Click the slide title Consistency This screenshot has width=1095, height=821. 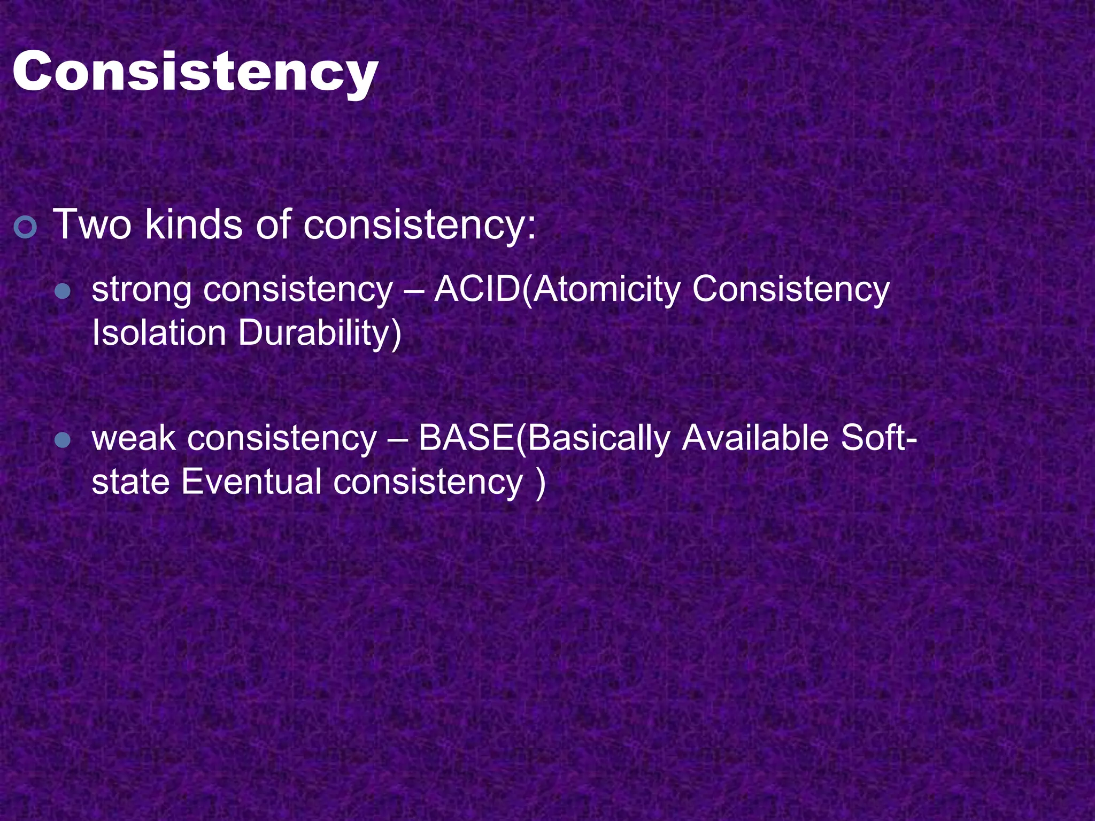(195, 72)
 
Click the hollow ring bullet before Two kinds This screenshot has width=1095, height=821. (25, 227)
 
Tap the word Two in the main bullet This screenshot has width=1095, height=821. (91, 224)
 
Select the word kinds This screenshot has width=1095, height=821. (194, 224)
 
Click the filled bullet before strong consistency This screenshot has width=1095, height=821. (63, 291)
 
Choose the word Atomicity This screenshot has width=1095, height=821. (606, 290)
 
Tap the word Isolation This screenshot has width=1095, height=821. (159, 333)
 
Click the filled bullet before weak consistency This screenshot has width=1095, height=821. (63, 440)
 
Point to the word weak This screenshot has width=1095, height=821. (133, 439)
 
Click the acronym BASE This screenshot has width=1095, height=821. (466, 438)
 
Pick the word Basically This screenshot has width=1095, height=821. (598, 439)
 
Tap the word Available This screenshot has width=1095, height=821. (755, 438)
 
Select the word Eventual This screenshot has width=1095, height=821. (251, 482)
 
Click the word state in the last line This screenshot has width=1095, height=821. (130, 482)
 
